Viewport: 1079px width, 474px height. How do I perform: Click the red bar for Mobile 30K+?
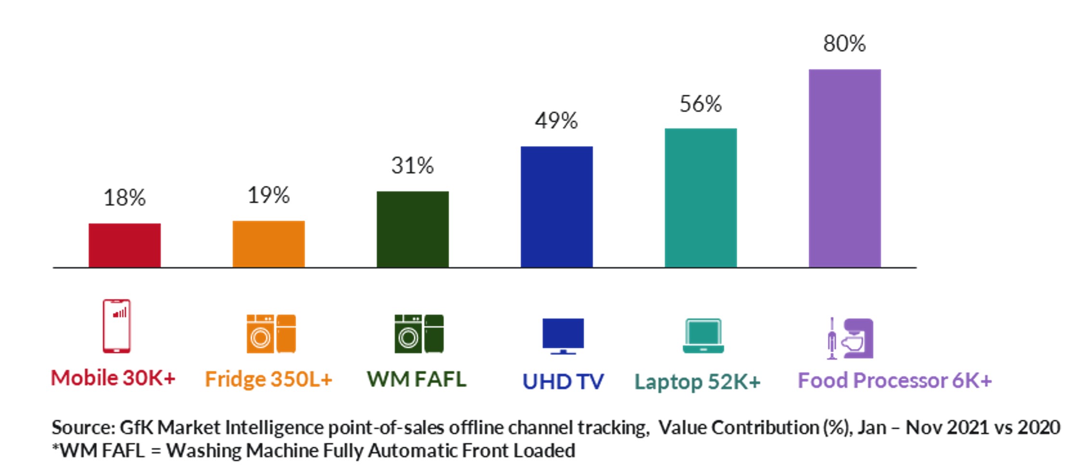coord(125,245)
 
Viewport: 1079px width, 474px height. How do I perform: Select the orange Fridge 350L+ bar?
coord(268,244)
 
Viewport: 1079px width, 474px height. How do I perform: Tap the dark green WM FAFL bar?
coord(413,229)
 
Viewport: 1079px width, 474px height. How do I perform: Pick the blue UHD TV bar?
coord(556,207)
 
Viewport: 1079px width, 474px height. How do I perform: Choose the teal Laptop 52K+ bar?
coord(701,197)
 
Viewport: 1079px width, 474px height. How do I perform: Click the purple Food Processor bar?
coord(844,168)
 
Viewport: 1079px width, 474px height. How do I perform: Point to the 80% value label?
coord(844,44)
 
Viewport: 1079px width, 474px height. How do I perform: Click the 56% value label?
coord(701,104)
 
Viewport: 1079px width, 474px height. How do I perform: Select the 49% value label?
coord(556,121)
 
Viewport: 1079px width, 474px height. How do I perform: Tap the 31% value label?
coord(413,166)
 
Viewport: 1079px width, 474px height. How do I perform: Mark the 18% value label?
coord(125,197)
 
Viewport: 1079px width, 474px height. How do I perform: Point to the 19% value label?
coord(268,195)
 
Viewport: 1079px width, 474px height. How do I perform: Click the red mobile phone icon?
coord(116,326)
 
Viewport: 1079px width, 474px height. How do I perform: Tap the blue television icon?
coord(563,336)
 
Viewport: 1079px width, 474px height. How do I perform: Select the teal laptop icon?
coord(703,336)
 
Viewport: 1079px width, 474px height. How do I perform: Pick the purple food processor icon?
coord(851,338)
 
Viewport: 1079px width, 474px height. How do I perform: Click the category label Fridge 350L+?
coord(268,379)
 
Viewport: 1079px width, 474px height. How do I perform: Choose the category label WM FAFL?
coord(416,379)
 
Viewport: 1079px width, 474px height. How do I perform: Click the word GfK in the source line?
coord(136,427)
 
